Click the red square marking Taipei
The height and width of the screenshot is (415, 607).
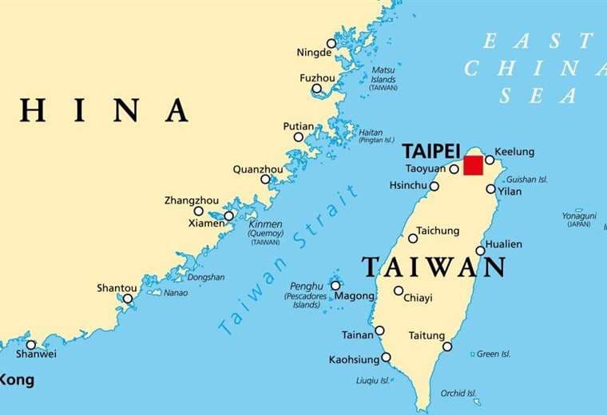[x=474, y=165]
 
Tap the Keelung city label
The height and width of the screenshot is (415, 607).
[x=514, y=152]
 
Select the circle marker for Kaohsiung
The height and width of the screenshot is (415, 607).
[x=386, y=357]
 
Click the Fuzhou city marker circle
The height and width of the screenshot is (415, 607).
[x=317, y=89]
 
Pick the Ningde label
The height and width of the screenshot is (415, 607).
[x=314, y=53]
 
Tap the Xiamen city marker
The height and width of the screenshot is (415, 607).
[x=228, y=215]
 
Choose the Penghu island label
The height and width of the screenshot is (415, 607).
[x=307, y=286]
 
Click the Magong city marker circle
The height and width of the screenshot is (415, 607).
[x=335, y=285]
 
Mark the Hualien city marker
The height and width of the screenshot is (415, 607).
[x=480, y=251]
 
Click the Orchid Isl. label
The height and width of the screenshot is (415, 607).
[x=458, y=393]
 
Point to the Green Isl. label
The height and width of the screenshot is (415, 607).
[x=493, y=354]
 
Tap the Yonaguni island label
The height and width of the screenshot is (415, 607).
[x=578, y=215]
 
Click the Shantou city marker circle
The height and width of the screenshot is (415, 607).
[x=128, y=298]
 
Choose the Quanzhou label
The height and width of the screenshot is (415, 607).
[x=257, y=169]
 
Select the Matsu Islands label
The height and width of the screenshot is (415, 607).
[x=383, y=78]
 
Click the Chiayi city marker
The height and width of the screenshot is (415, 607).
[x=399, y=290]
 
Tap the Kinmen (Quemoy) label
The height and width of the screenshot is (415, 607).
[x=265, y=229]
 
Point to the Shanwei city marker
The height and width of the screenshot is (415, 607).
[x=31, y=345]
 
